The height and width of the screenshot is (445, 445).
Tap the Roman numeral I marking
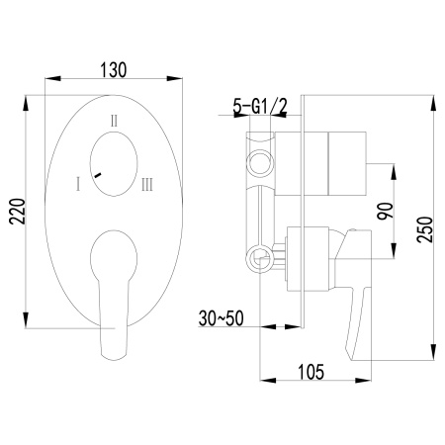point(75,183)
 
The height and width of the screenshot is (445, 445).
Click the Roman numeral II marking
point(116,120)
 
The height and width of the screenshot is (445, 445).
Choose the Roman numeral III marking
point(146,183)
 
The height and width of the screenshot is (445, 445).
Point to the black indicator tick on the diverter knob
point(98,174)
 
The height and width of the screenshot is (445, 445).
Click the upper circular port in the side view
point(259,160)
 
